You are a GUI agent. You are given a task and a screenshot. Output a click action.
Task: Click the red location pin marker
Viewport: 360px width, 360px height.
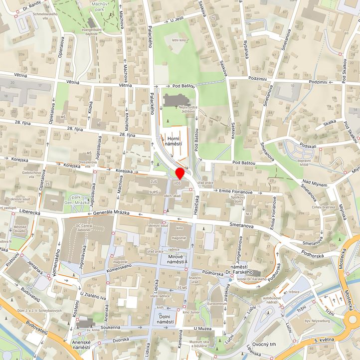180,173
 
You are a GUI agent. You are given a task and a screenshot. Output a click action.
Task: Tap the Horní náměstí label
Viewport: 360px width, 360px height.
174,141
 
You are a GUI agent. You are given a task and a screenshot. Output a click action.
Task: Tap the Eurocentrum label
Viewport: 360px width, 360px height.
217,303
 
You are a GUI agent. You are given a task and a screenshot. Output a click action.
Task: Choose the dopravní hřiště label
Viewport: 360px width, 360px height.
304,163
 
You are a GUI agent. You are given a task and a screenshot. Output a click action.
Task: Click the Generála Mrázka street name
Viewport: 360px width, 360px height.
111,213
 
